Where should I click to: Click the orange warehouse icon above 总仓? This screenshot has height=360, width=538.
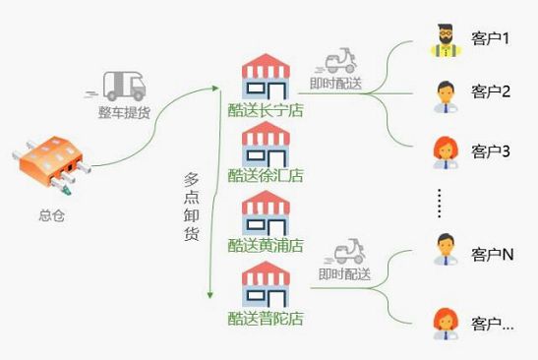[51, 164]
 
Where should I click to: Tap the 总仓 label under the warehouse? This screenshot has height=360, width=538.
[52, 215]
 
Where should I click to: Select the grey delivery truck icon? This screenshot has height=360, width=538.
[119, 87]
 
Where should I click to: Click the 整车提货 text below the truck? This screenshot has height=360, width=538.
[124, 112]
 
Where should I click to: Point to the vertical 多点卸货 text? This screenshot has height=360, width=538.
[191, 207]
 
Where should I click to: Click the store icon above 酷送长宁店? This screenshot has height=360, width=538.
[266, 77]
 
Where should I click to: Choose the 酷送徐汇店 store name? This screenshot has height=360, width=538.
[266, 176]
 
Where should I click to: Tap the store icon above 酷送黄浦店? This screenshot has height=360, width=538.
[266, 213]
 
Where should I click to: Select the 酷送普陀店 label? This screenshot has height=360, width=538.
[266, 319]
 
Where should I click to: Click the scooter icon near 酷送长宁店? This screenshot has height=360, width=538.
[339, 61]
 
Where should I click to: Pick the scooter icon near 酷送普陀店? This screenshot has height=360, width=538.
[347, 252]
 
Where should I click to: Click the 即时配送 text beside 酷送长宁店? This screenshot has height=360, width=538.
[335, 84]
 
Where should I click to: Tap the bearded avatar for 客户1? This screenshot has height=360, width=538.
[446, 40]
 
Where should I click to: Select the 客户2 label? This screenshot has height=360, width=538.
[491, 91]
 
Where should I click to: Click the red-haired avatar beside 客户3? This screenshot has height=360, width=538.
[446, 152]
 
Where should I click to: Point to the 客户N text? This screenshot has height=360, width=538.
[493, 255]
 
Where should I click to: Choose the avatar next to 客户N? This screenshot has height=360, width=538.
[446, 250]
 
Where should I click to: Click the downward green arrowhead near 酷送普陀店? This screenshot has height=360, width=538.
[209, 295]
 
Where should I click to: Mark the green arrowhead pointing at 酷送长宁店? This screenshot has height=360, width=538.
[215, 89]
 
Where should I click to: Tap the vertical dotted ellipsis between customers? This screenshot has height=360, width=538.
[440, 204]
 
